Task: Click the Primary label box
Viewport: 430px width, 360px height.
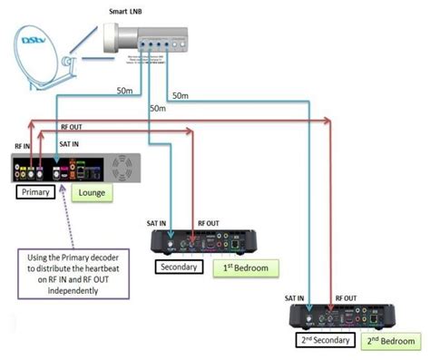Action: (x=34, y=192)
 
